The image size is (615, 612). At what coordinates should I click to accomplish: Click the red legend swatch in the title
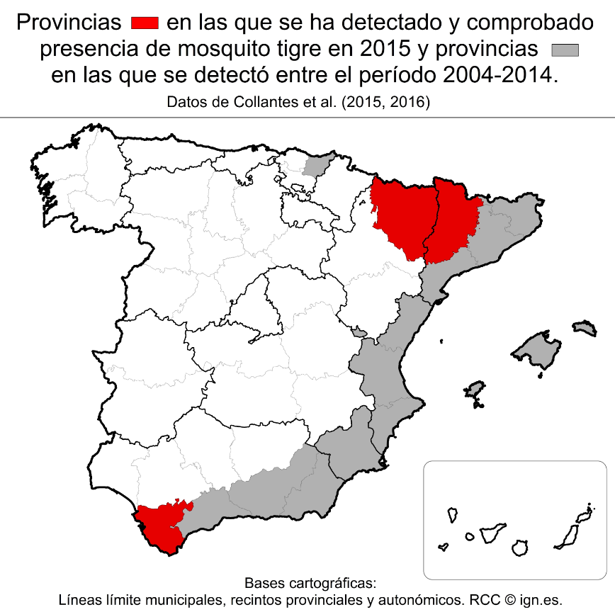point(145,23)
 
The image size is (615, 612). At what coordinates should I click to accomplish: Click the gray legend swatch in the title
point(565,50)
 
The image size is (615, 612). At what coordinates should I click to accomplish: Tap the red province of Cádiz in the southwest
point(162,528)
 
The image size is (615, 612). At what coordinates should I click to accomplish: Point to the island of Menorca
point(584,327)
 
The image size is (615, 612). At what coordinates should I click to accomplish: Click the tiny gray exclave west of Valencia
point(360,331)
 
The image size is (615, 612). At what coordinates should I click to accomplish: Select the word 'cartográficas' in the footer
point(333,584)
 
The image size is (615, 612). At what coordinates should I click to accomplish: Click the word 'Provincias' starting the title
point(68,23)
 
